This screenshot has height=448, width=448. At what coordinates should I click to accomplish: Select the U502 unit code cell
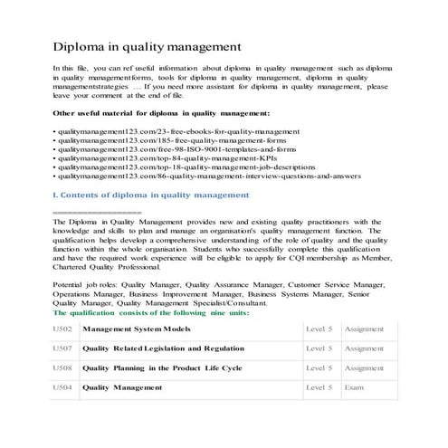point(63,329)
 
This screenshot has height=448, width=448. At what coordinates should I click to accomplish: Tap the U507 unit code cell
point(63,348)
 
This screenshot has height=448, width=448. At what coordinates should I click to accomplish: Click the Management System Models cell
point(137,329)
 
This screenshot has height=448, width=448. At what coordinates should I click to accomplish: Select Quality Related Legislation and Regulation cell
point(163,348)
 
